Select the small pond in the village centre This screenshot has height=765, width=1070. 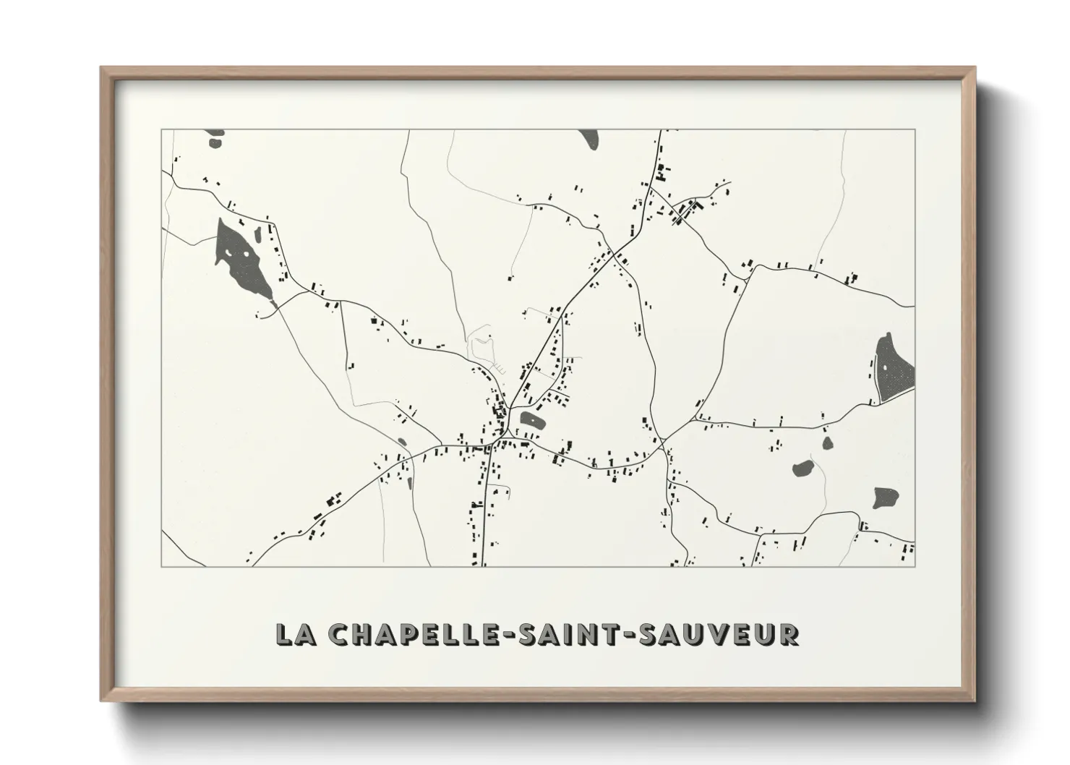531,419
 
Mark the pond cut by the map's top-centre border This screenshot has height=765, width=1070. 589,137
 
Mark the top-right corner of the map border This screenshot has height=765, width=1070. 915,130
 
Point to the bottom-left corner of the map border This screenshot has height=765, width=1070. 162,566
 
